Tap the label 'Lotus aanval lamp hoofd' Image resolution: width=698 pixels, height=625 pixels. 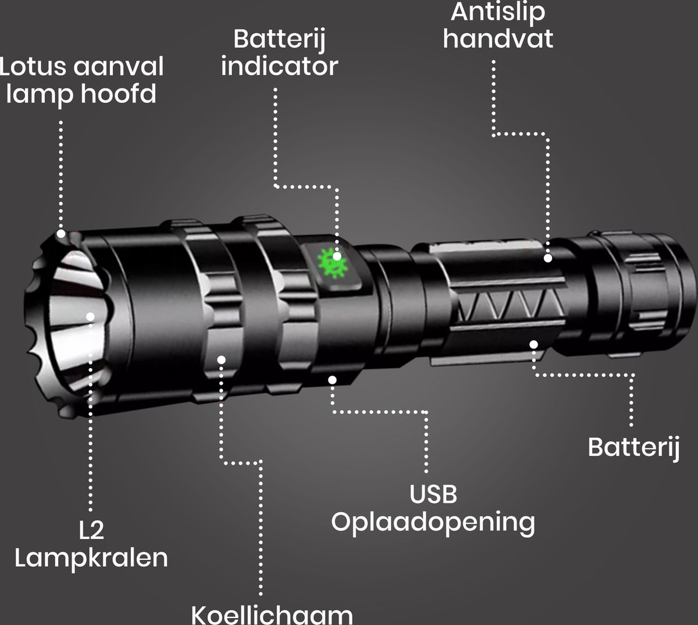pos(81,80)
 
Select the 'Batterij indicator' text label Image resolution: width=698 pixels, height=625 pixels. pos(279,53)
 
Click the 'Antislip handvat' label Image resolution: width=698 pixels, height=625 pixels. pos(497,26)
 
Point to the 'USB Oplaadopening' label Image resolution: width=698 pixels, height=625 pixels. pos(433,508)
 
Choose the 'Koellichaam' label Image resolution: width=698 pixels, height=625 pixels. pos(272,614)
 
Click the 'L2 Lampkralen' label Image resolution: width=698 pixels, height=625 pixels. pos(91,544)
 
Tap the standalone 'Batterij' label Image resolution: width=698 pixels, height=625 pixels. pos(633,447)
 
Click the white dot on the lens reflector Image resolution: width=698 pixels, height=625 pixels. pos(91,316)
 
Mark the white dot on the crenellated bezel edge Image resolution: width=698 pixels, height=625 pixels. pos(62,234)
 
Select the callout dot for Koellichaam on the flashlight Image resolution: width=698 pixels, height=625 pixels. pos(222,359)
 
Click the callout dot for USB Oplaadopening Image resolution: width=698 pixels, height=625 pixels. pos(332,380)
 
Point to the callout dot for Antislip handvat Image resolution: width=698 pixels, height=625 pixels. pos(547,258)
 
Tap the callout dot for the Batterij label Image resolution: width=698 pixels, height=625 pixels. pos(533,344)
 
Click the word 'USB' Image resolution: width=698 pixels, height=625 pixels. pos(433,494)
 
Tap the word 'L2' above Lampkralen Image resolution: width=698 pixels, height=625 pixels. pos(91,530)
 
